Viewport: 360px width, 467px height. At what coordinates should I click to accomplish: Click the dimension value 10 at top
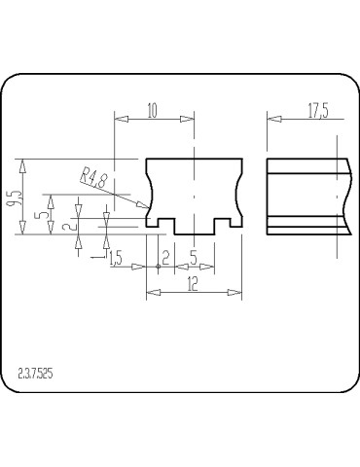(x=152, y=111)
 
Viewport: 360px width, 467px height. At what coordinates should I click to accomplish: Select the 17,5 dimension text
(x=318, y=111)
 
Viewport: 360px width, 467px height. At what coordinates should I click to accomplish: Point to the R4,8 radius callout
(x=93, y=178)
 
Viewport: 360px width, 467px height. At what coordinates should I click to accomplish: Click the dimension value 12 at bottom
(x=193, y=284)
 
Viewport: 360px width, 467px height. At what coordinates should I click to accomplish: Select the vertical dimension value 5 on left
(x=39, y=216)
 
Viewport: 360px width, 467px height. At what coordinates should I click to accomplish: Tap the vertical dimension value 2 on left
(x=66, y=226)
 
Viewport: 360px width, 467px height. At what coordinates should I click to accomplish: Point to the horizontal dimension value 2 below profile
(x=165, y=258)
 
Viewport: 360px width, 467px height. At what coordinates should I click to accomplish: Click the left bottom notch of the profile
(x=166, y=226)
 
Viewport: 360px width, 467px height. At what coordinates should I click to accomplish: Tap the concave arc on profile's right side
(x=235, y=193)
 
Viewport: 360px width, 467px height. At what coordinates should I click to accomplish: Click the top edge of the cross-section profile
(x=194, y=159)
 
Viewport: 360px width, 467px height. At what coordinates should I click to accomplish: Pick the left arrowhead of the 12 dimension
(x=149, y=292)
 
